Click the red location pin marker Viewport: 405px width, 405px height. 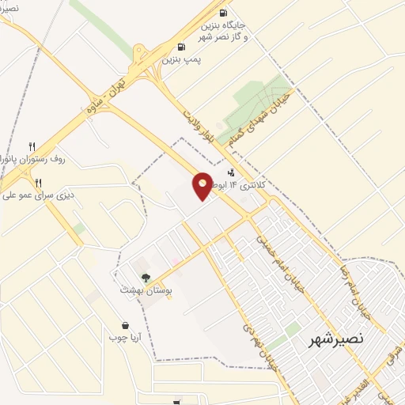202,186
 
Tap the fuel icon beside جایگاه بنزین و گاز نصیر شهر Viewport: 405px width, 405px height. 222,13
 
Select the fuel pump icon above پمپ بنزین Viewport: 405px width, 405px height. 182,46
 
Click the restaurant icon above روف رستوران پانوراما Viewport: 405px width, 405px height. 32,146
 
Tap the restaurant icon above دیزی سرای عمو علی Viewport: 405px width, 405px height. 38,182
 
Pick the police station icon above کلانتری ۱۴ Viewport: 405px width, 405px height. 231,172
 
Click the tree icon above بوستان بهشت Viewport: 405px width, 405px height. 145,278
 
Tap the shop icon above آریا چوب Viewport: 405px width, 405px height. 125,325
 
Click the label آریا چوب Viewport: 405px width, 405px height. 125,338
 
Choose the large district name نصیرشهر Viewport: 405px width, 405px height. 336,339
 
